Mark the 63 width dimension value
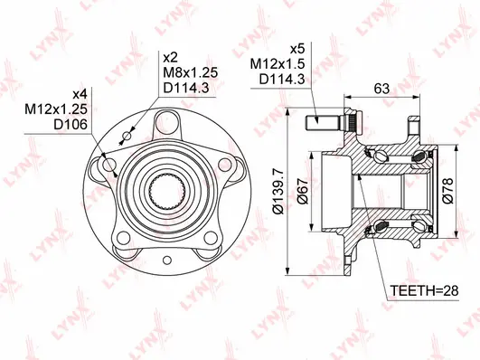pos(382,88)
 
